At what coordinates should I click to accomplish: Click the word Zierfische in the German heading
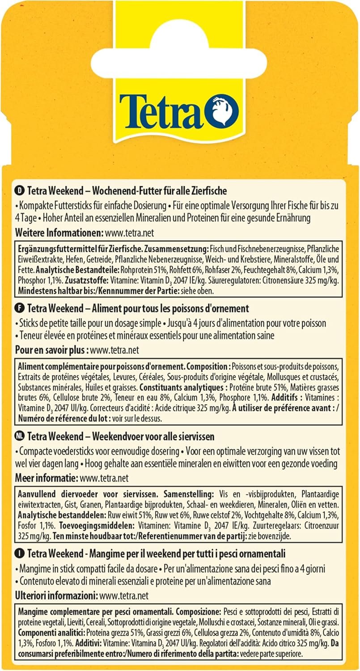click(208, 191)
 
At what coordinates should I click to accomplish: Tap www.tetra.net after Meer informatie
click(104, 478)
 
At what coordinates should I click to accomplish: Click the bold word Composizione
click(196, 611)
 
